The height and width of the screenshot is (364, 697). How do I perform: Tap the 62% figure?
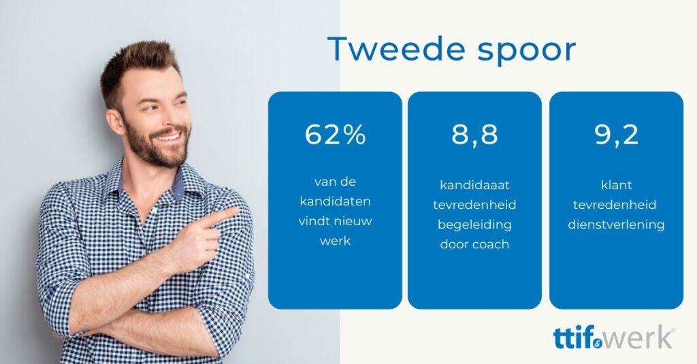[335, 134]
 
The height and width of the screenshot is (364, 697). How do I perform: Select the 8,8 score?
[474, 135]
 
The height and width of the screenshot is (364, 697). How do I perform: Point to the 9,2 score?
[617, 135]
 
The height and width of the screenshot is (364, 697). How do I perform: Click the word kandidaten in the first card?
[335, 201]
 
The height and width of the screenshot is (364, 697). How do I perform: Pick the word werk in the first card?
[335, 241]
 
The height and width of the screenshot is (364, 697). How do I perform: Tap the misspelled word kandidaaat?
[474, 185]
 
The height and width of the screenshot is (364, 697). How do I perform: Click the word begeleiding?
[474, 225]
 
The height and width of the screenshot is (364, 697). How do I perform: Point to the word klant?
[617, 185]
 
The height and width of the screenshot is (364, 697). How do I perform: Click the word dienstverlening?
[617, 225]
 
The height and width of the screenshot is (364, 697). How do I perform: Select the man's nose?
[179, 116]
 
